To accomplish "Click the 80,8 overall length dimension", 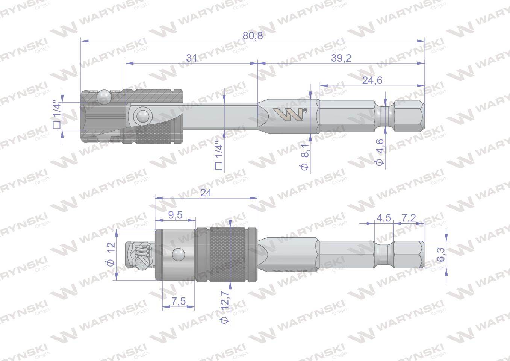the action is [253, 35].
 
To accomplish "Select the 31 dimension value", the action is [191, 58].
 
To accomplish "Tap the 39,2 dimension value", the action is [341, 58].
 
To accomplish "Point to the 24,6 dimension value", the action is [372, 80].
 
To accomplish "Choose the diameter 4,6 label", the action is [380, 152].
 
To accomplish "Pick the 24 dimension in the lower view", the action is [206, 193].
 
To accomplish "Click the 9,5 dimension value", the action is [175, 215].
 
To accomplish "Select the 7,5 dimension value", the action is [179, 301].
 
